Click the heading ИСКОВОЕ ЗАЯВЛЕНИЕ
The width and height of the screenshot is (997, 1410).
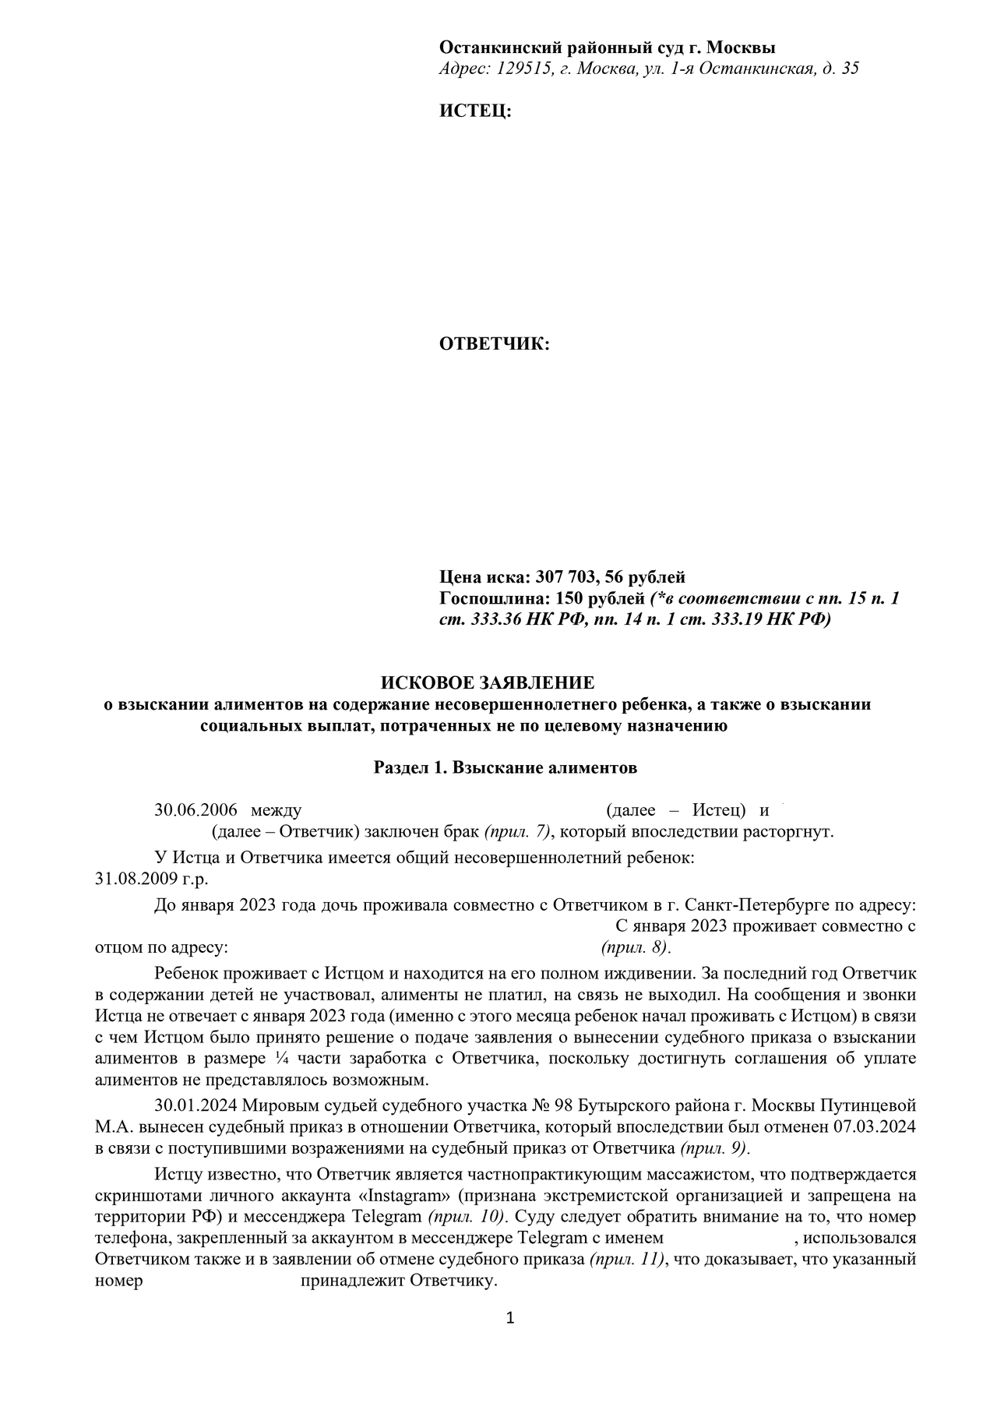tap(487, 683)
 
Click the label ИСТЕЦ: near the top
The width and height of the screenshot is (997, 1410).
tap(475, 111)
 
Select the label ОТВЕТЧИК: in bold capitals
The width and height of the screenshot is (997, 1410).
tap(495, 344)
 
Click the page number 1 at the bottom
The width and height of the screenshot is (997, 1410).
tap(510, 1318)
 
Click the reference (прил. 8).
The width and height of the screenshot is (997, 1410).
tap(636, 948)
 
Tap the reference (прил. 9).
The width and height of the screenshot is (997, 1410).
tap(714, 1148)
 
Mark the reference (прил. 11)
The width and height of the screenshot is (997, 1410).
tap(628, 1260)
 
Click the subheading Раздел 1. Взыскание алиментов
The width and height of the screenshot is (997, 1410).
tap(506, 768)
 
